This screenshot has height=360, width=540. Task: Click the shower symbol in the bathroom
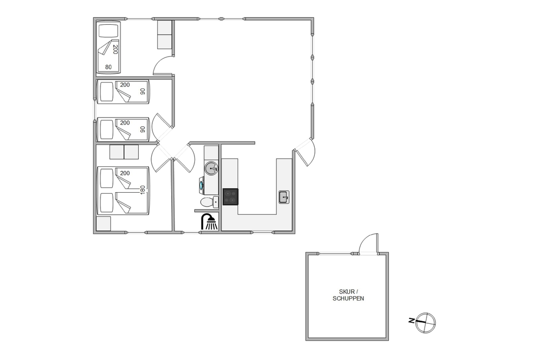(209, 222)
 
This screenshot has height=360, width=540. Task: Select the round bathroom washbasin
(211, 168)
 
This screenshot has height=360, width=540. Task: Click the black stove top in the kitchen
(231, 197)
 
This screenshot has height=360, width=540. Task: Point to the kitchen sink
(284, 197)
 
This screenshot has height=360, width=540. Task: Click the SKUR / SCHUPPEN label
(348, 295)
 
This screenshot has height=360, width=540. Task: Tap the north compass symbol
(426, 323)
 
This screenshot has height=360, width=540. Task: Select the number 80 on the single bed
(109, 67)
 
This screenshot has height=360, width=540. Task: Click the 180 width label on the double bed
(143, 190)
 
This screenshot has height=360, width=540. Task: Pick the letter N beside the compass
(411, 321)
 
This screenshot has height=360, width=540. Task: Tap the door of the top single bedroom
(162, 65)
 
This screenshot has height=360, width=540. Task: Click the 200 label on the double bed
(125, 173)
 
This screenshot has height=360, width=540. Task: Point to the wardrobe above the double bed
(124, 152)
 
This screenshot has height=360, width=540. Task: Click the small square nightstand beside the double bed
(104, 223)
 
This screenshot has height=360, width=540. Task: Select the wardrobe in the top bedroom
(165, 35)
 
